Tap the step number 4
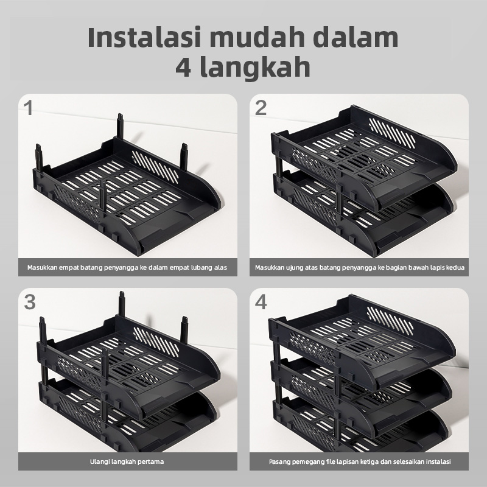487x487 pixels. click(x=262, y=302)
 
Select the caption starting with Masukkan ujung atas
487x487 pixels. click(x=360, y=267)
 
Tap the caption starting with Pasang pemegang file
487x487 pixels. click(x=360, y=461)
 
